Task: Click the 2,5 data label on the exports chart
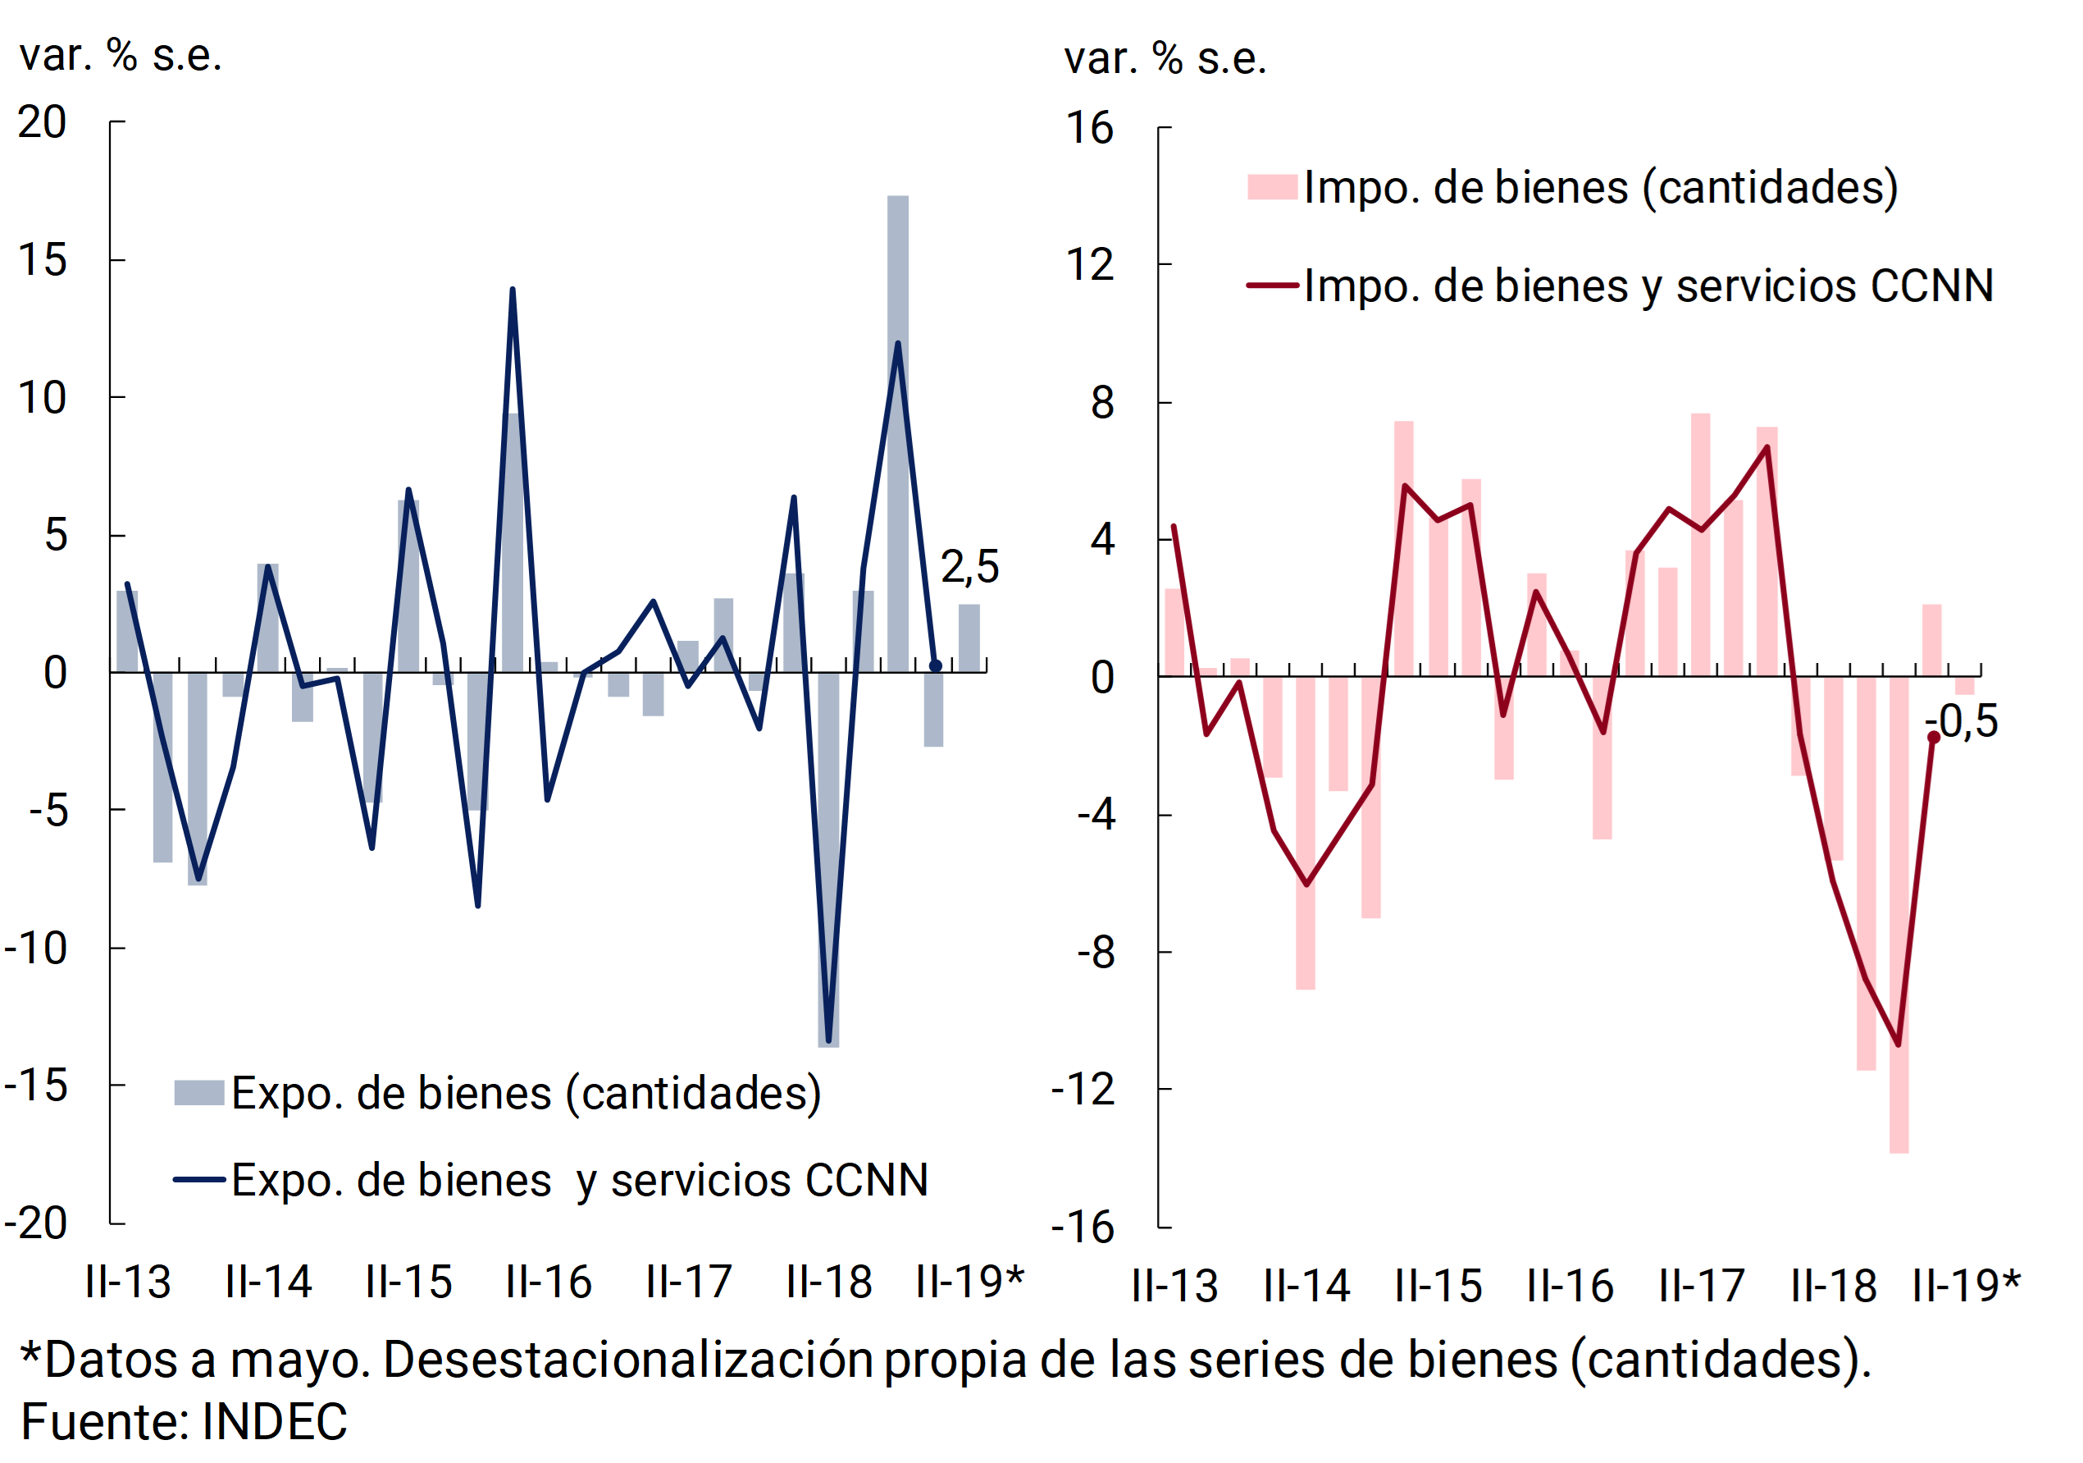[x=969, y=568]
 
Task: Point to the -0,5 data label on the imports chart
[x=1962, y=722]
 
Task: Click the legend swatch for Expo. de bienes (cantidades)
[x=198, y=1093]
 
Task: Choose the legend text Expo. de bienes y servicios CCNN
[x=580, y=1181]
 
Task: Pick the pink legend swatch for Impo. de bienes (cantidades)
[x=1272, y=187]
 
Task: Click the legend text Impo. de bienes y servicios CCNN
[x=1648, y=286]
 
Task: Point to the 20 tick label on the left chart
[x=42, y=122]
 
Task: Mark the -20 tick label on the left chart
[x=36, y=1224]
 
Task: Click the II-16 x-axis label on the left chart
[x=548, y=1282]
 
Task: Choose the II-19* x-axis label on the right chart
[x=1966, y=1286]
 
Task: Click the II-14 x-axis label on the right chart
[x=1306, y=1286]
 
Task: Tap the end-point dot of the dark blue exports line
[x=936, y=666]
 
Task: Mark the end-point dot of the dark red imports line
[x=1933, y=738]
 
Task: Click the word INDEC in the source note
[x=274, y=1421]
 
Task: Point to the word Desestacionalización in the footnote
[x=628, y=1360]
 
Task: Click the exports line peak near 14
[x=513, y=290]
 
